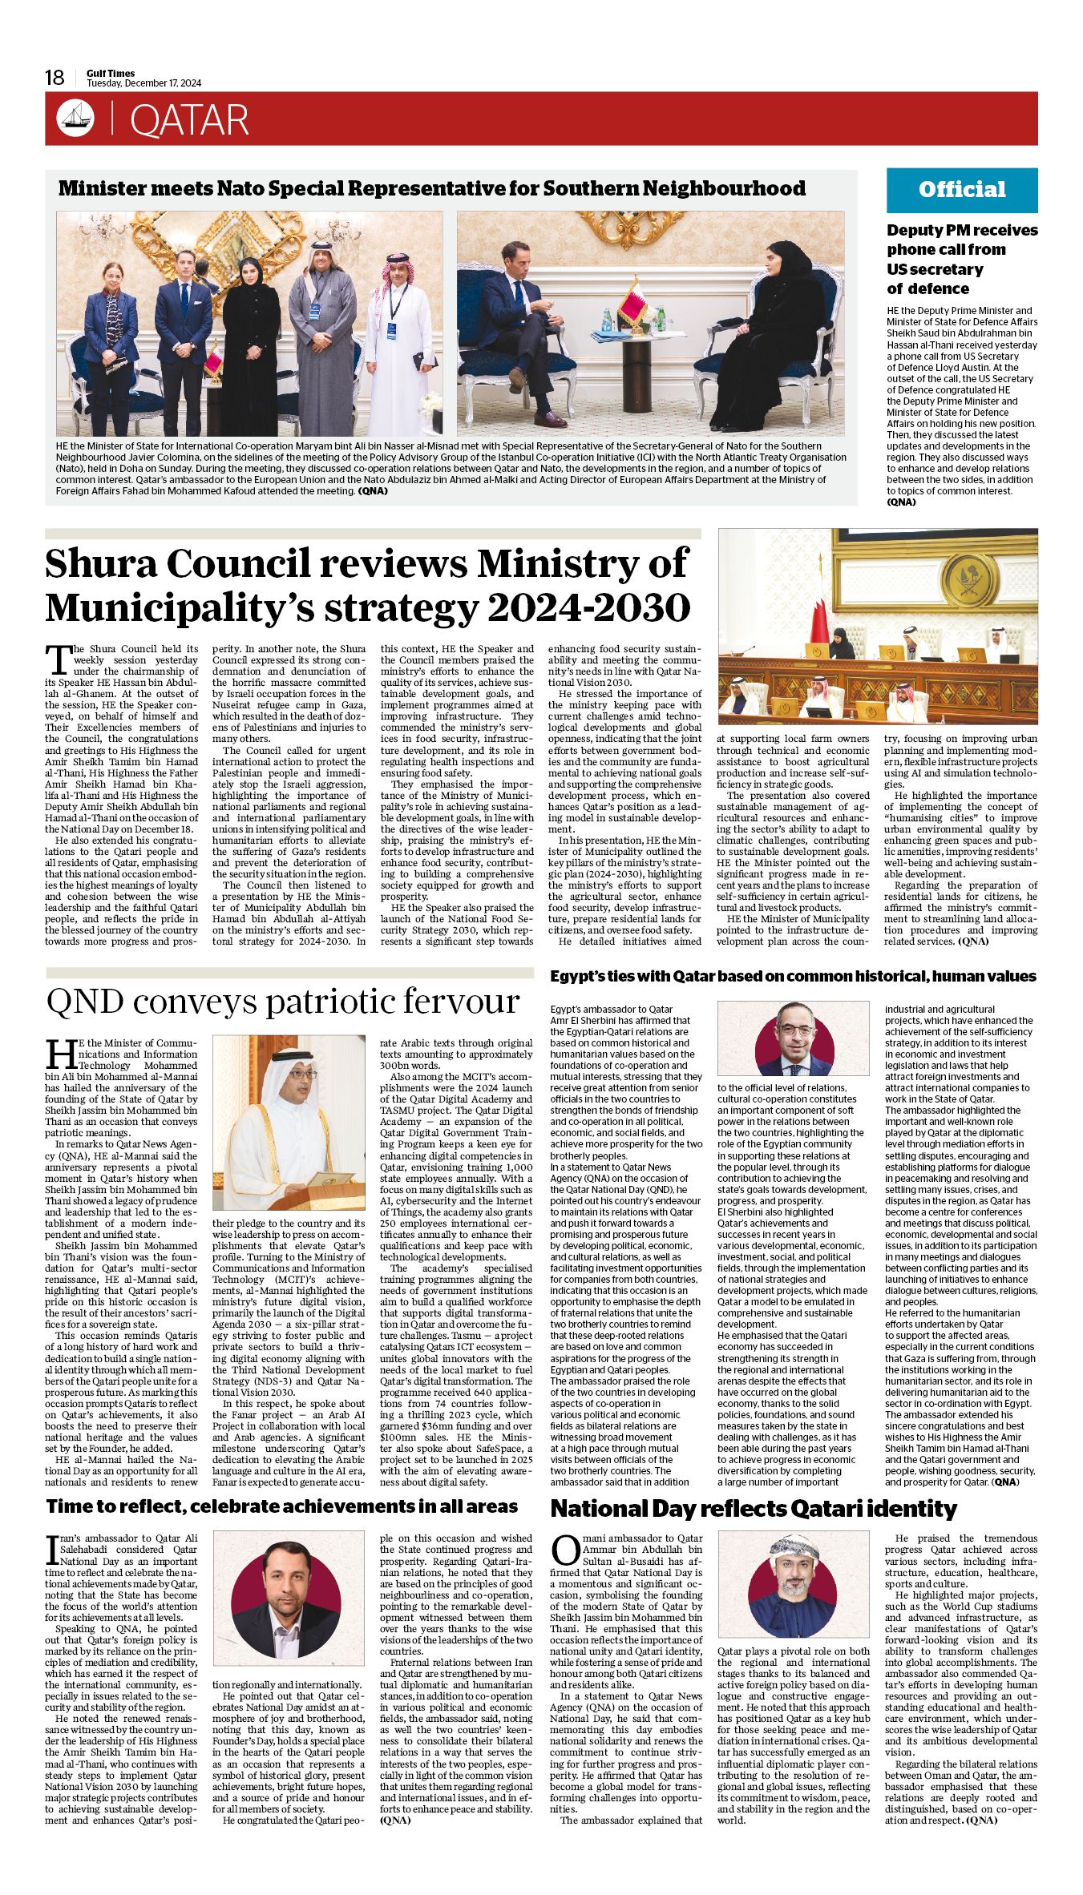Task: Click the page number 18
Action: (x=55, y=78)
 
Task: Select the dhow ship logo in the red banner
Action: (x=75, y=119)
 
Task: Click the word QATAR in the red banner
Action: (x=189, y=120)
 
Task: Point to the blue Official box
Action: (x=961, y=190)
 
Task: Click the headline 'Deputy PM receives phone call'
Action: (x=961, y=259)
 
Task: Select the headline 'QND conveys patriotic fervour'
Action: (x=283, y=1002)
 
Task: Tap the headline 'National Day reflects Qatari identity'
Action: (x=754, y=1510)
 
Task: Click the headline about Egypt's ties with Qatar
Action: (x=793, y=976)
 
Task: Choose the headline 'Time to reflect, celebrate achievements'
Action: (x=282, y=1506)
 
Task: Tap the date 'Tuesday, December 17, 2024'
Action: (x=144, y=83)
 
